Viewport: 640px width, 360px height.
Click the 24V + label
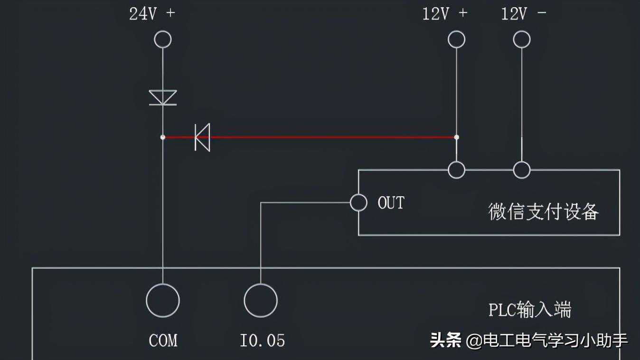click(152, 14)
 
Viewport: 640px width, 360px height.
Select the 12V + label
click(445, 14)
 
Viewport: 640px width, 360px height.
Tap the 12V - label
click(524, 14)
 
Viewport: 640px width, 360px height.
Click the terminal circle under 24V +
click(163, 39)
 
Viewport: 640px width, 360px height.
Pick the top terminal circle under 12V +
click(457, 39)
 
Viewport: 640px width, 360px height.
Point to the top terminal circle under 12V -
click(522, 39)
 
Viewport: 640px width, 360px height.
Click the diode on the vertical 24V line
click(163, 97)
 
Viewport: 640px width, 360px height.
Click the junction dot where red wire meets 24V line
click(163, 137)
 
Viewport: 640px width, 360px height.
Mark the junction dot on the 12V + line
click(457, 137)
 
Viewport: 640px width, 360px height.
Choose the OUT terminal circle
click(358, 203)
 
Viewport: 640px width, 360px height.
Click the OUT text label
click(391, 203)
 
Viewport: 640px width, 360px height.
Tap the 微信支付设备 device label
click(544, 211)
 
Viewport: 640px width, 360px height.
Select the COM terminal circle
click(163, 300)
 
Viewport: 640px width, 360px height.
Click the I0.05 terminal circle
click(261, 300)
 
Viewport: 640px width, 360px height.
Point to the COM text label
click(163, 341)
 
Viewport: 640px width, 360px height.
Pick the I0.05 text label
click(262, 341)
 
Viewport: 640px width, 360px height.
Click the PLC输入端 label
click(530, 310)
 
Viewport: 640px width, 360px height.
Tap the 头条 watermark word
click(445, 340)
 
